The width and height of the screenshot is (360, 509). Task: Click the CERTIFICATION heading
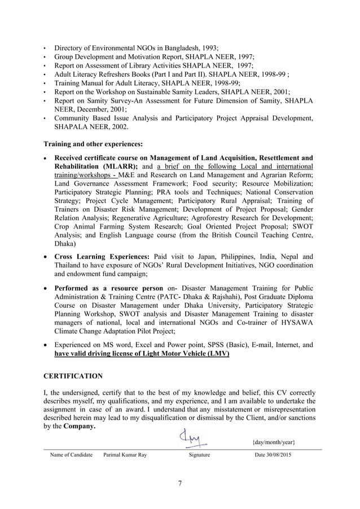pyautogui.click(x=73, y=376)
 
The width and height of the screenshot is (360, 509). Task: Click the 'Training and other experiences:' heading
pyautogui.click(x=93, y=143)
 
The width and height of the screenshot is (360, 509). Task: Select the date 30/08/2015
pyautogui.click(x=274, y=454)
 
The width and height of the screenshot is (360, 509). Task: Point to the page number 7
pyautogui.click(x=179, y=482)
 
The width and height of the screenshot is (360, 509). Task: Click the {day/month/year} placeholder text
pyautogui.click(x=274, y=441)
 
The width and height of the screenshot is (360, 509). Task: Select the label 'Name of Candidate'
pyautogui.click(x=71, y=454)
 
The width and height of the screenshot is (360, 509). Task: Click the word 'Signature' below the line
pyautogui.click(x=199, y=454)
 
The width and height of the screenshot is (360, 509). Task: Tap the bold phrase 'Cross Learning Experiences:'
pyautogui.click(x=102, y=257)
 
